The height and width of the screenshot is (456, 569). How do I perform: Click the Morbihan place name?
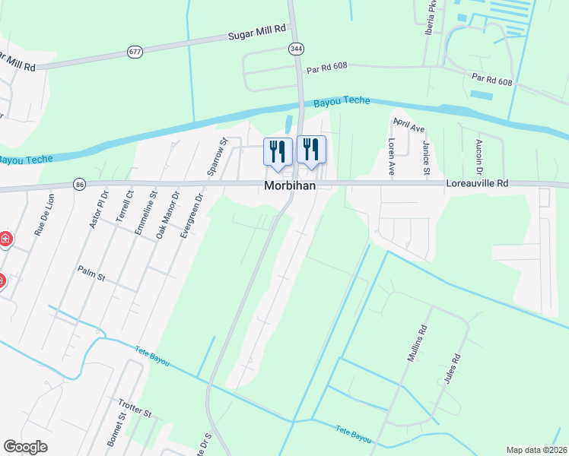tap(290, 186)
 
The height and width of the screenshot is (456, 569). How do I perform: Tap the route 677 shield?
tap(135, 52)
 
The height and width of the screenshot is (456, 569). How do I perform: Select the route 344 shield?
tap(296, 48)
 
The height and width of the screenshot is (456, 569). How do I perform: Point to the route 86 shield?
tap(79, 184)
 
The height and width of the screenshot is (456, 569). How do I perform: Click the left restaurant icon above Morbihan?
tap(278, 150)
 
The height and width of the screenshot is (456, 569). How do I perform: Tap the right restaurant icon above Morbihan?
tap(310, 148)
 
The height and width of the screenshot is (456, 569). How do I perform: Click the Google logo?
tap(25, 446)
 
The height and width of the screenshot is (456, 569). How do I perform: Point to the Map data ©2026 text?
tap(536, 450)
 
